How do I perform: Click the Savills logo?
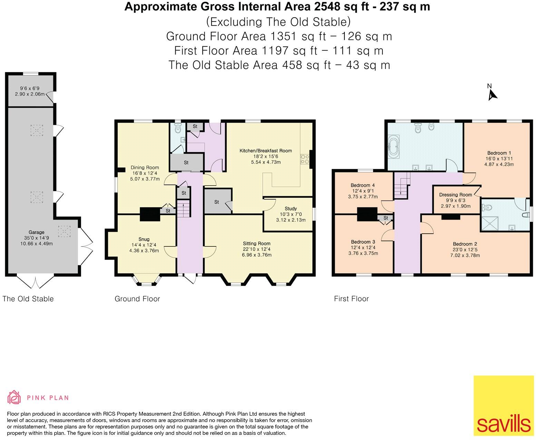504,406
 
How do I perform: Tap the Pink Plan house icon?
14,397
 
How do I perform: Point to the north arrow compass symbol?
492,93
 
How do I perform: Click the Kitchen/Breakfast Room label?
266,151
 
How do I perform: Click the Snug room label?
144,239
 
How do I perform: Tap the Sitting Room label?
256,243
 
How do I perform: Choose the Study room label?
291,208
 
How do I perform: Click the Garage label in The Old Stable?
36,232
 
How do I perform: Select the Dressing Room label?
455,195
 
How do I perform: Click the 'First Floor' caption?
351,299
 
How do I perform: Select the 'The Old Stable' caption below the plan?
28,299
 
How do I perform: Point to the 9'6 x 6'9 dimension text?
30,88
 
